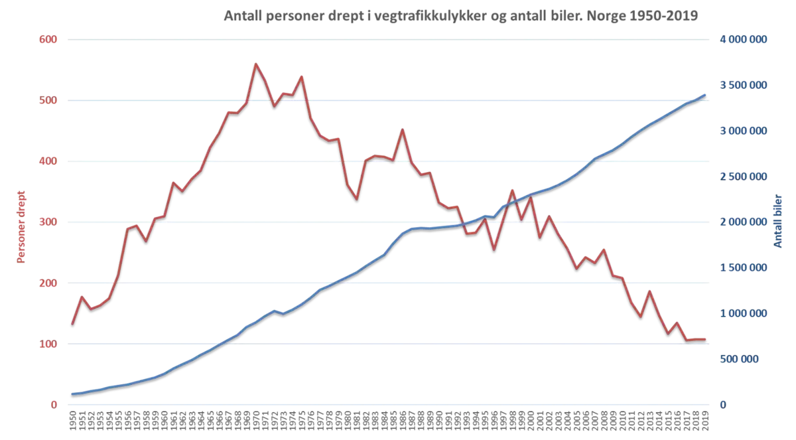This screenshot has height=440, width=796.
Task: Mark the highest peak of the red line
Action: tap(255, 62)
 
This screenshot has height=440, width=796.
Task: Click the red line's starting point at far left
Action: tap(72, 323)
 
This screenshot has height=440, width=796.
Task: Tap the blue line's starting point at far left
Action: tap(72, 393)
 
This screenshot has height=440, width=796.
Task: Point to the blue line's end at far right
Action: tap(706, 95)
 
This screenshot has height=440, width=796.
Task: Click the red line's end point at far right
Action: tap(706, 338)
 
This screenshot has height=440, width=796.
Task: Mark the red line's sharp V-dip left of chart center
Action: tap(357, 198)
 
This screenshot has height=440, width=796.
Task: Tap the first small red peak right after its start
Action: tap(82, 295)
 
